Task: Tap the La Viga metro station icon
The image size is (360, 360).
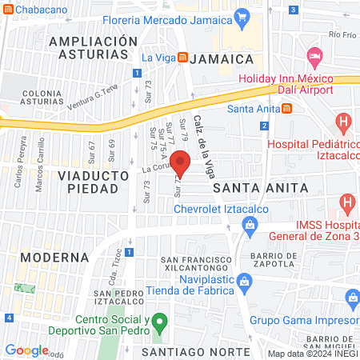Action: point(182,58)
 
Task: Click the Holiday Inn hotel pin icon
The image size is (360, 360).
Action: point(314,58)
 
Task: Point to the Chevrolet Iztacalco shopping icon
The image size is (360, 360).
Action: point(250,226)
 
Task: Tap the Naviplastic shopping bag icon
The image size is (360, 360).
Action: point(246,281)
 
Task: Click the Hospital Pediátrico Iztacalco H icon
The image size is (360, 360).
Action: point(343,124)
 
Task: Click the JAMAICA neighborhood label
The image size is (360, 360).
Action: point(226,59)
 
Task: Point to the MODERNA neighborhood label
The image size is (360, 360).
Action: point(54,257)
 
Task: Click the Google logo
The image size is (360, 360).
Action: point(26,350)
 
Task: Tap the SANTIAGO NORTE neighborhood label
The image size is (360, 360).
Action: point(190,352)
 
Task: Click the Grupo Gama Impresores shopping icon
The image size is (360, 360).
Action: point(352,298)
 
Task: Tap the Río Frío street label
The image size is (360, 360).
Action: point(342,35)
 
